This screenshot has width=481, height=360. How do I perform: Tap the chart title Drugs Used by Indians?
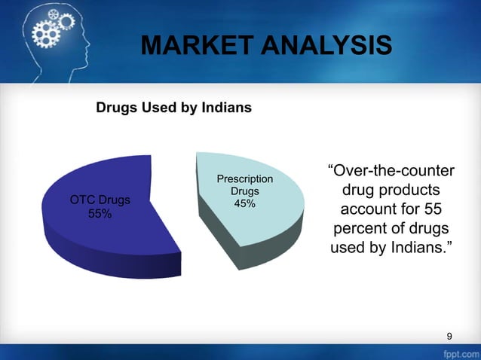[x=173, y=108]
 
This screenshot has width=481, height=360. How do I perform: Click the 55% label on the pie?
[x=100, y=214]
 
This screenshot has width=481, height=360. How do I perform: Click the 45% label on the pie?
[x=244, y=204]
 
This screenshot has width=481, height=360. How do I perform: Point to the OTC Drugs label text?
[x=100, y=200]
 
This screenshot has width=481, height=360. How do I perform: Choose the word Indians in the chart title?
[x=225, y=108]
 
